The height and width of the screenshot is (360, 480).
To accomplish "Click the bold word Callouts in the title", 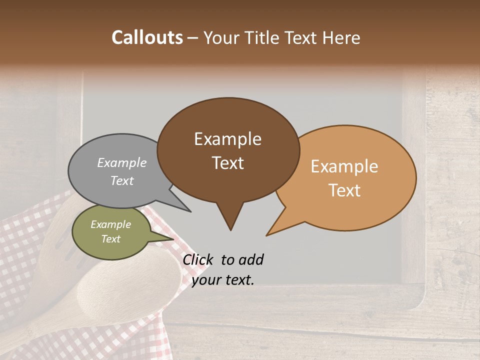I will point(147,37).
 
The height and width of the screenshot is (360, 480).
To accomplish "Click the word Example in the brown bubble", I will point(227,139).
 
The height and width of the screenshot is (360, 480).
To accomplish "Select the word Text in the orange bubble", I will point(344,190).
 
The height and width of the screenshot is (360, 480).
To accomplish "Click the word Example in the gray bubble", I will point(121,162).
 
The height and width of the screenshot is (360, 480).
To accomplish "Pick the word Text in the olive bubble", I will point(110,239).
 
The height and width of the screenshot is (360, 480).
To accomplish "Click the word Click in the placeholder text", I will point(197,259).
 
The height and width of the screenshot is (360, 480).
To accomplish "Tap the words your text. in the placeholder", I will point(223,280).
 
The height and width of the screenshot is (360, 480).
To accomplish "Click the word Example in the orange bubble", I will point(344,166).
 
